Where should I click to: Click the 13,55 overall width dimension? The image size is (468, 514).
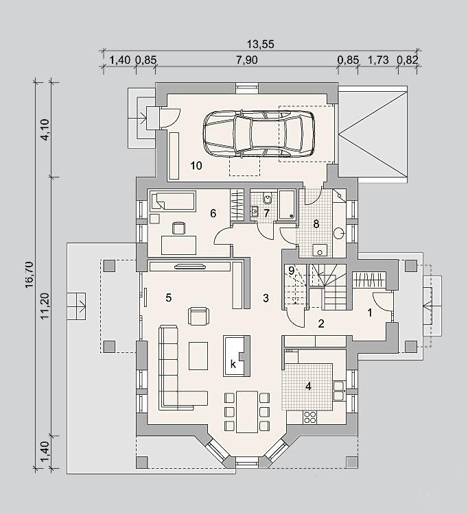pyautogui.click(x=260, y=44)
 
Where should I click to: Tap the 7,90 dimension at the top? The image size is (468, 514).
pyautogui.click(x=247, y=60)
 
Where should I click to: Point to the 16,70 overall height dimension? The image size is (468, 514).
pyautogui.click(x=30, y=275)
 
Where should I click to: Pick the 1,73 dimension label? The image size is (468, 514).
pyautogui.click(x=378, y=60)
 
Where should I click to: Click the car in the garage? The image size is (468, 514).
pyautogui.click(x=259, y=133)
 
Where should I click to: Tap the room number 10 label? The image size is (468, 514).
pyautogui.click(x=196, y=166)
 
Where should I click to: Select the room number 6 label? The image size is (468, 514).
pyautogui.click(x=213, y=214)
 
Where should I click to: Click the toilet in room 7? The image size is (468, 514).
pyautogui.click(x=268, y=199)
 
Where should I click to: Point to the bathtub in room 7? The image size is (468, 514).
pyautogui.click(x=287, y=205)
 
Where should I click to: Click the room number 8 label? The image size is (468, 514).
pyautogui.click(x=316, y=224)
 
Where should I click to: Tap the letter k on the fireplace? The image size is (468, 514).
pyautogui.click(x=233, y=364)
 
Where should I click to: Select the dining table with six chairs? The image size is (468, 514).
pyautogui.click(x=247, y=411)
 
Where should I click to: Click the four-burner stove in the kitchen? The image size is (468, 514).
pyautogui.click(x=309, y=417)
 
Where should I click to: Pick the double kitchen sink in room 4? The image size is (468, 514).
pyautogui.click(x=339, y=391)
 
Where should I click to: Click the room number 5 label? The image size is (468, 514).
pyautogui.click(x=168, y=297)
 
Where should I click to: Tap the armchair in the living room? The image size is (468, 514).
pyautogui.click(x=198, y=316)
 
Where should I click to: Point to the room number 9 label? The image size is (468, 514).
pyautogui.click(x=292, y=271)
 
